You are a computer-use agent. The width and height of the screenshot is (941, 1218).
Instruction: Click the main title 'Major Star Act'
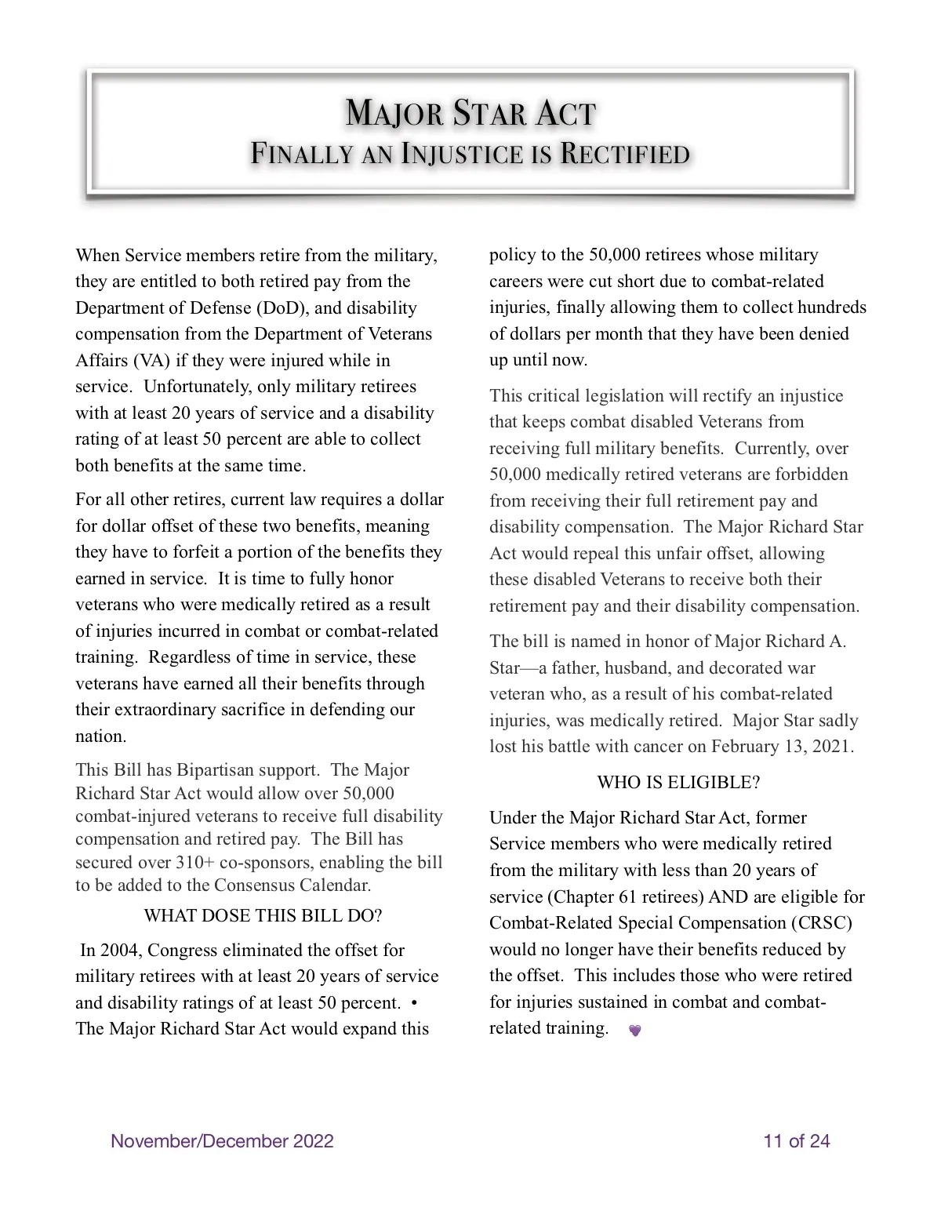click(470, 114)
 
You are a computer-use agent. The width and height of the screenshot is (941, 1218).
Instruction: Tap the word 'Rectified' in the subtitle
click(625, 155)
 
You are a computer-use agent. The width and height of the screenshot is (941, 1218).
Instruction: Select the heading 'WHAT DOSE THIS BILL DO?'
click(263, 915)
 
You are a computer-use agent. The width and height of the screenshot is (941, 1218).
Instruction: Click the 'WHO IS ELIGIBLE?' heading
click(678, 782)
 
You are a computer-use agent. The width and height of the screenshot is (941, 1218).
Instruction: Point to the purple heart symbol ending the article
click(635, 1031)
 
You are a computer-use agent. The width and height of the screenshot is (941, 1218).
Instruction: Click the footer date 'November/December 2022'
click(222, 1141)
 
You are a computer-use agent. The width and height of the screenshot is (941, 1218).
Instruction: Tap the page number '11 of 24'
click(797, 1141)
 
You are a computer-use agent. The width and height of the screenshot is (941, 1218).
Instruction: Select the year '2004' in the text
click(122, 951)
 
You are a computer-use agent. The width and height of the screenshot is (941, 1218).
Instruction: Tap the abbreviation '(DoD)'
click(282, 307)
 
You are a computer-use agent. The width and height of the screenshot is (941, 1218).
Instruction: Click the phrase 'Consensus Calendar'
click(292, 885)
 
